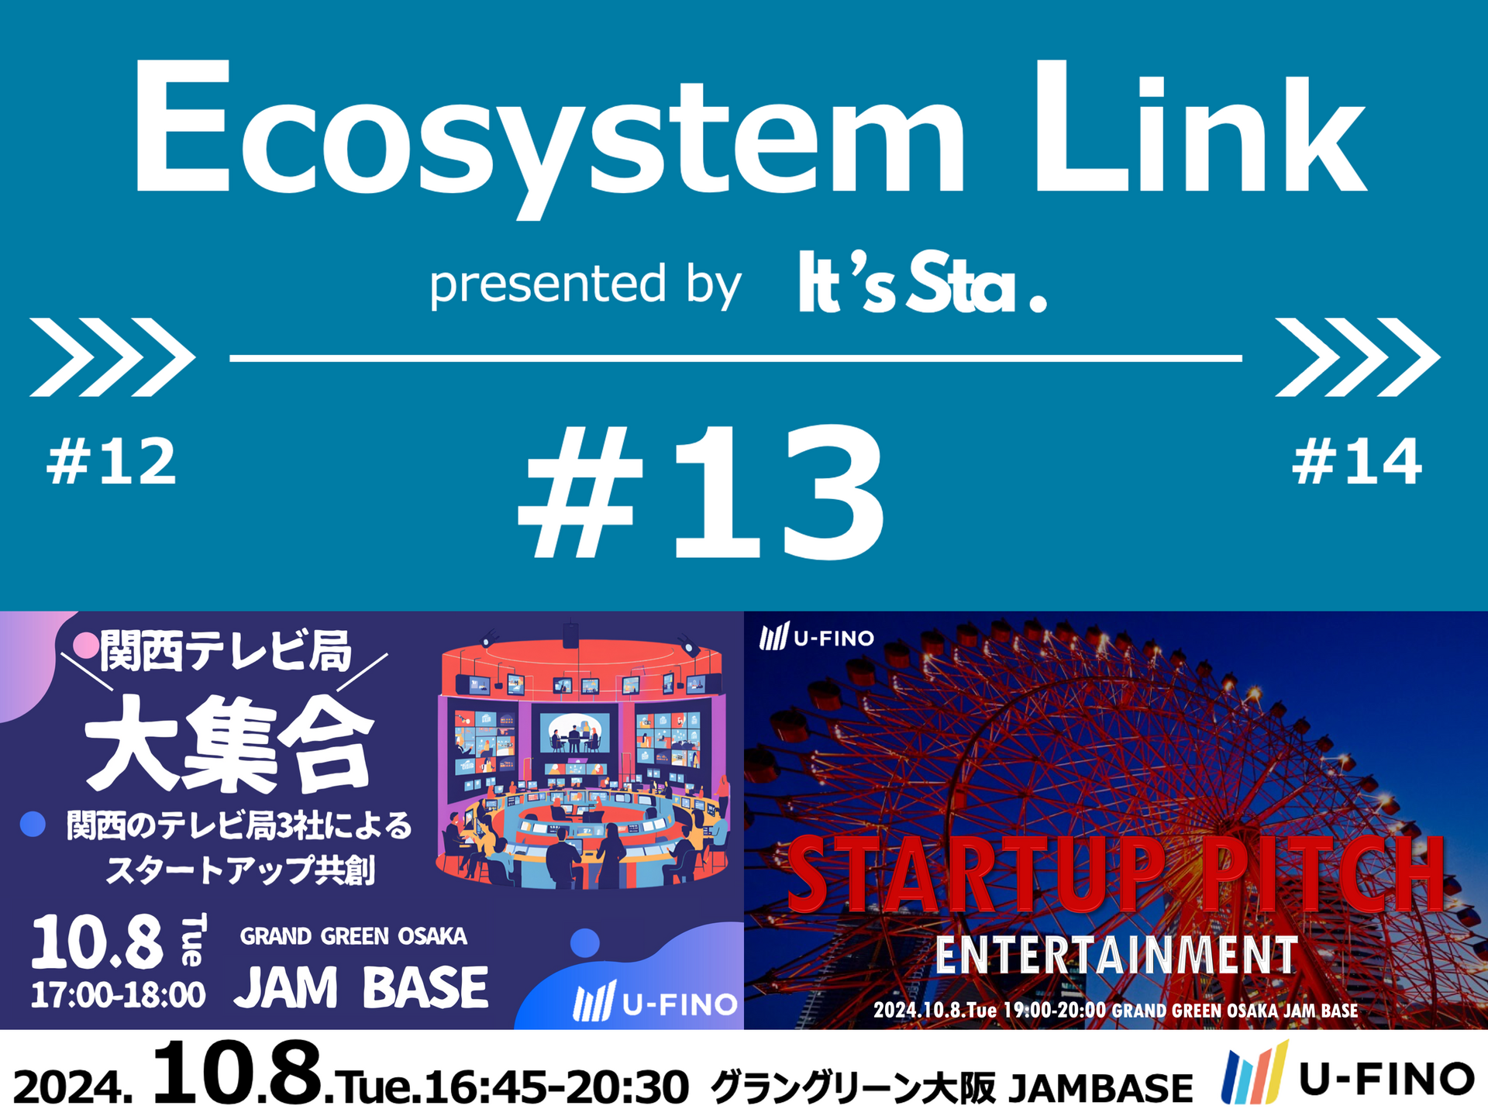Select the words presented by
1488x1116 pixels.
point(585,284)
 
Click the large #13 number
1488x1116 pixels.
point(701,492)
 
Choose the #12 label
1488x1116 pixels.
point(112,462)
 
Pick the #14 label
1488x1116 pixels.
point(1357,462)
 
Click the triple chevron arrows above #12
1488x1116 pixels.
point(112,357)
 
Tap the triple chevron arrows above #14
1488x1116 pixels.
point(1358,357)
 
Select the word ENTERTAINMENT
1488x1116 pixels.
point(1116,955)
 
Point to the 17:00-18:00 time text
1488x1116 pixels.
point(118,994)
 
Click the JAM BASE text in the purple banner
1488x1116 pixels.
point(361,987)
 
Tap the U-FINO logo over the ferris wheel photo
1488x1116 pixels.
point(817,637)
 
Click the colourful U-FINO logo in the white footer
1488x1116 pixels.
point(1348,1077)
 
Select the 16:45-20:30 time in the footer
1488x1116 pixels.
point(556,1087)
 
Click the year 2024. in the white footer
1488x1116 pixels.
point(73,1087)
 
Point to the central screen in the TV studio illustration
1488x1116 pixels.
point(574,732)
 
